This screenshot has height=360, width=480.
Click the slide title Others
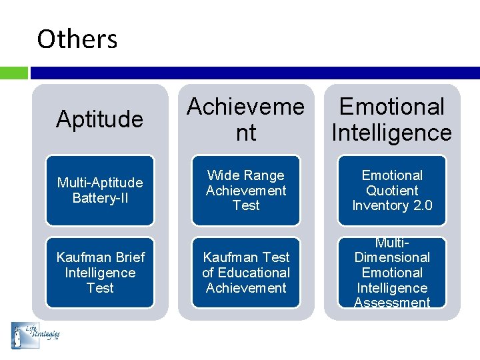(77, 39)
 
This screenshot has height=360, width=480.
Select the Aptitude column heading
(99, 119)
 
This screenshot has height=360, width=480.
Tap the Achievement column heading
(245, 119)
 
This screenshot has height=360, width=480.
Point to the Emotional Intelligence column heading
(392, 119)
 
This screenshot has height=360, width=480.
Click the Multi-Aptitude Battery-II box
(99, 190)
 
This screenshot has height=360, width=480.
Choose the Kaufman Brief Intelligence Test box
(99, 273)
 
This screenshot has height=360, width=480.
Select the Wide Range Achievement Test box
(245, 190)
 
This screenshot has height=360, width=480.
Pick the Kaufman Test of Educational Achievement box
(245, 273)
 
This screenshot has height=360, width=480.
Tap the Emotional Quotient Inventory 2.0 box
(392, 190)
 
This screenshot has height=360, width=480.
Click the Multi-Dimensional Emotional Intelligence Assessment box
(392, 273)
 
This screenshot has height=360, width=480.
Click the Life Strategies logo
(35, 335)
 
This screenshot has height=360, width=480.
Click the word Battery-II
(100, 198)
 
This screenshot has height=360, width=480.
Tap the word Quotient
(392, 191)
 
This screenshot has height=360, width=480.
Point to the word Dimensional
(392, 257)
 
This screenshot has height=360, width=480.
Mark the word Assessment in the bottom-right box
(392, 303)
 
